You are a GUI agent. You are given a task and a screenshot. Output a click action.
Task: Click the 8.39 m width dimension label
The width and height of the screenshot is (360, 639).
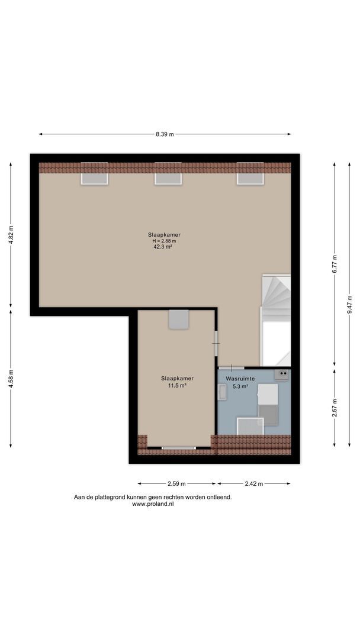[x=164, y=134]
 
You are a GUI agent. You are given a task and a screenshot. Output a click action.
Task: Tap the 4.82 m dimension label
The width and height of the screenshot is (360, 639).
[x=11, y=235]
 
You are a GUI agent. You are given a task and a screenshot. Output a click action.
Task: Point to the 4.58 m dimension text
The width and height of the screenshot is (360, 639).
[x=11, y=379]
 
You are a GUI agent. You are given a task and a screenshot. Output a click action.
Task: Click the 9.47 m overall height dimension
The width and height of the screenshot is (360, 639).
[x=349, y=305]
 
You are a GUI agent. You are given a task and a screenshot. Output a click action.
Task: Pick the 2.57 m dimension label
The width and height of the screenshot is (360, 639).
[x=335, y=408]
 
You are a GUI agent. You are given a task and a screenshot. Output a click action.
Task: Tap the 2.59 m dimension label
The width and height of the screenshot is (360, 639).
[x=176, y=484]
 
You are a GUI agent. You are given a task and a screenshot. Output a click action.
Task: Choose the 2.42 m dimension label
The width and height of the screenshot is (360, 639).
[x=254, y=484]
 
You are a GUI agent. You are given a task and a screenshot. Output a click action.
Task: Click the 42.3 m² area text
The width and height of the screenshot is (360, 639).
[x=162, y=246]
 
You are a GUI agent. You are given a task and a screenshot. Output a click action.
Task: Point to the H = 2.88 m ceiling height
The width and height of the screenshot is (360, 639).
[x=164, y=240]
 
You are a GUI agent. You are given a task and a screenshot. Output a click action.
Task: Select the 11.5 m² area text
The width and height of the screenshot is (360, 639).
[x=178, y=385]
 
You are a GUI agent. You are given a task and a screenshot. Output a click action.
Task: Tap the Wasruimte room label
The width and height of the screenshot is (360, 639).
[x=240, y=379]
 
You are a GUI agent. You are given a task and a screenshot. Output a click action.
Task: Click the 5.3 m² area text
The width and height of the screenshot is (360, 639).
[x=240, y=386]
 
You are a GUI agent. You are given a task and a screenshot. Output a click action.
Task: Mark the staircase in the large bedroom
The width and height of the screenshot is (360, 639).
[x=276, y=320]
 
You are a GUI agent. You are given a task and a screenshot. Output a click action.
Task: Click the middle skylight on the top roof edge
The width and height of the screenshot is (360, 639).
[x=168, y=174]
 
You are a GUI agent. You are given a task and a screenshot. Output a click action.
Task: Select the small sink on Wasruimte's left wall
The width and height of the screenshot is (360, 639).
[x=223, y=392]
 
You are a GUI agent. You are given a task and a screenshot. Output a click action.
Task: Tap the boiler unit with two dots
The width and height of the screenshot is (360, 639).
[x=282, y=374]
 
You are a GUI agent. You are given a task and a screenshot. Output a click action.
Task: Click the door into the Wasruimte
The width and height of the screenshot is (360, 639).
[x=231, y=369]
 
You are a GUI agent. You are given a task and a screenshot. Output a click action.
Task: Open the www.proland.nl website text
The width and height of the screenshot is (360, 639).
[x=153, y=504]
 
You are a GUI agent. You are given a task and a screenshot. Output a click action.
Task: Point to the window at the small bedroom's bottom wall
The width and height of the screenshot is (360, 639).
[x=179, y=448]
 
